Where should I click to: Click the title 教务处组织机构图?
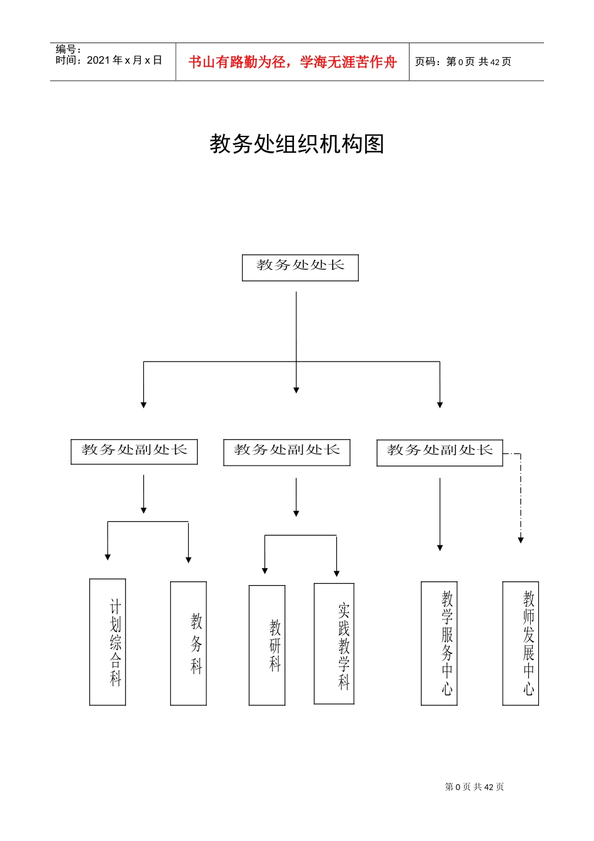[296, 144]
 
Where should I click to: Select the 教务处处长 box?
[300, 267]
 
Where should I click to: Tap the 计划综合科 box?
[108, 642]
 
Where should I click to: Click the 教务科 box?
[188, 643]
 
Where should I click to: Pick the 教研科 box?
[267, 645]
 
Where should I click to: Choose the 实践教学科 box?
[334, 644]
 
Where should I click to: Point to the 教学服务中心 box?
[439, 643]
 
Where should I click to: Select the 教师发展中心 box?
[520, 643]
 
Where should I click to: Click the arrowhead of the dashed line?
[520, 540]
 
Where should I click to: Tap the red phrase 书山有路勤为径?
[237, 62]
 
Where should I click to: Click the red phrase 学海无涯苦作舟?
[348, 62]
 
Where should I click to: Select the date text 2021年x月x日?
[124, 60]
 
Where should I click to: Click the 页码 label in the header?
[427, 61]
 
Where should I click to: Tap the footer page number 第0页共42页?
[474, 787]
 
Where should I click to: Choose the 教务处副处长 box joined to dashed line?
[440, 452]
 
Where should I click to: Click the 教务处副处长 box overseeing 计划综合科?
[134, 452]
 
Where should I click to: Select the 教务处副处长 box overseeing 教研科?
[286, 452]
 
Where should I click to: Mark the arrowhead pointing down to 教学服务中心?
[440, 548]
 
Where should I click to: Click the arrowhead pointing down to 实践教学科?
[336, 573]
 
